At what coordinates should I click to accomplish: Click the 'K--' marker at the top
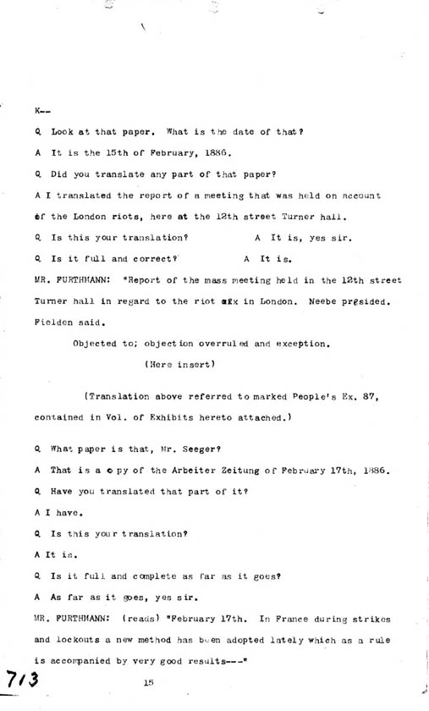tap(43, 112)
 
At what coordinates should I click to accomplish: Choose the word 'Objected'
tap(96, 343)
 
